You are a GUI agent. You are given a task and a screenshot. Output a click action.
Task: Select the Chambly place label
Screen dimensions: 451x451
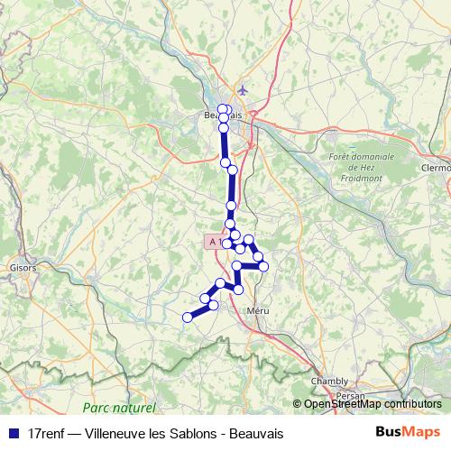(328, 382)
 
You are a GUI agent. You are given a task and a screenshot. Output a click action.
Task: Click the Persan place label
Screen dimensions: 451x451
(347, 395)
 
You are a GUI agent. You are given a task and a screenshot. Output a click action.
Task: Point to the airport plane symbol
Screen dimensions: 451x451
(242, 90)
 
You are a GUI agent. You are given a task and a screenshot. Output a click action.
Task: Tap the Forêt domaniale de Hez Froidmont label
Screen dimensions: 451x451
(364, 167)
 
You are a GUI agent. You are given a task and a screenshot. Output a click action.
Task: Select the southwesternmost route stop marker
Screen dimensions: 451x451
(188, 317)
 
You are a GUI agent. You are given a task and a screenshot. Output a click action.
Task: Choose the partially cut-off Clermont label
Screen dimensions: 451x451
(435, 167)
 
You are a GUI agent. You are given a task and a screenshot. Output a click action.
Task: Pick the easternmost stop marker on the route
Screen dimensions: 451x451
(263, 266)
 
